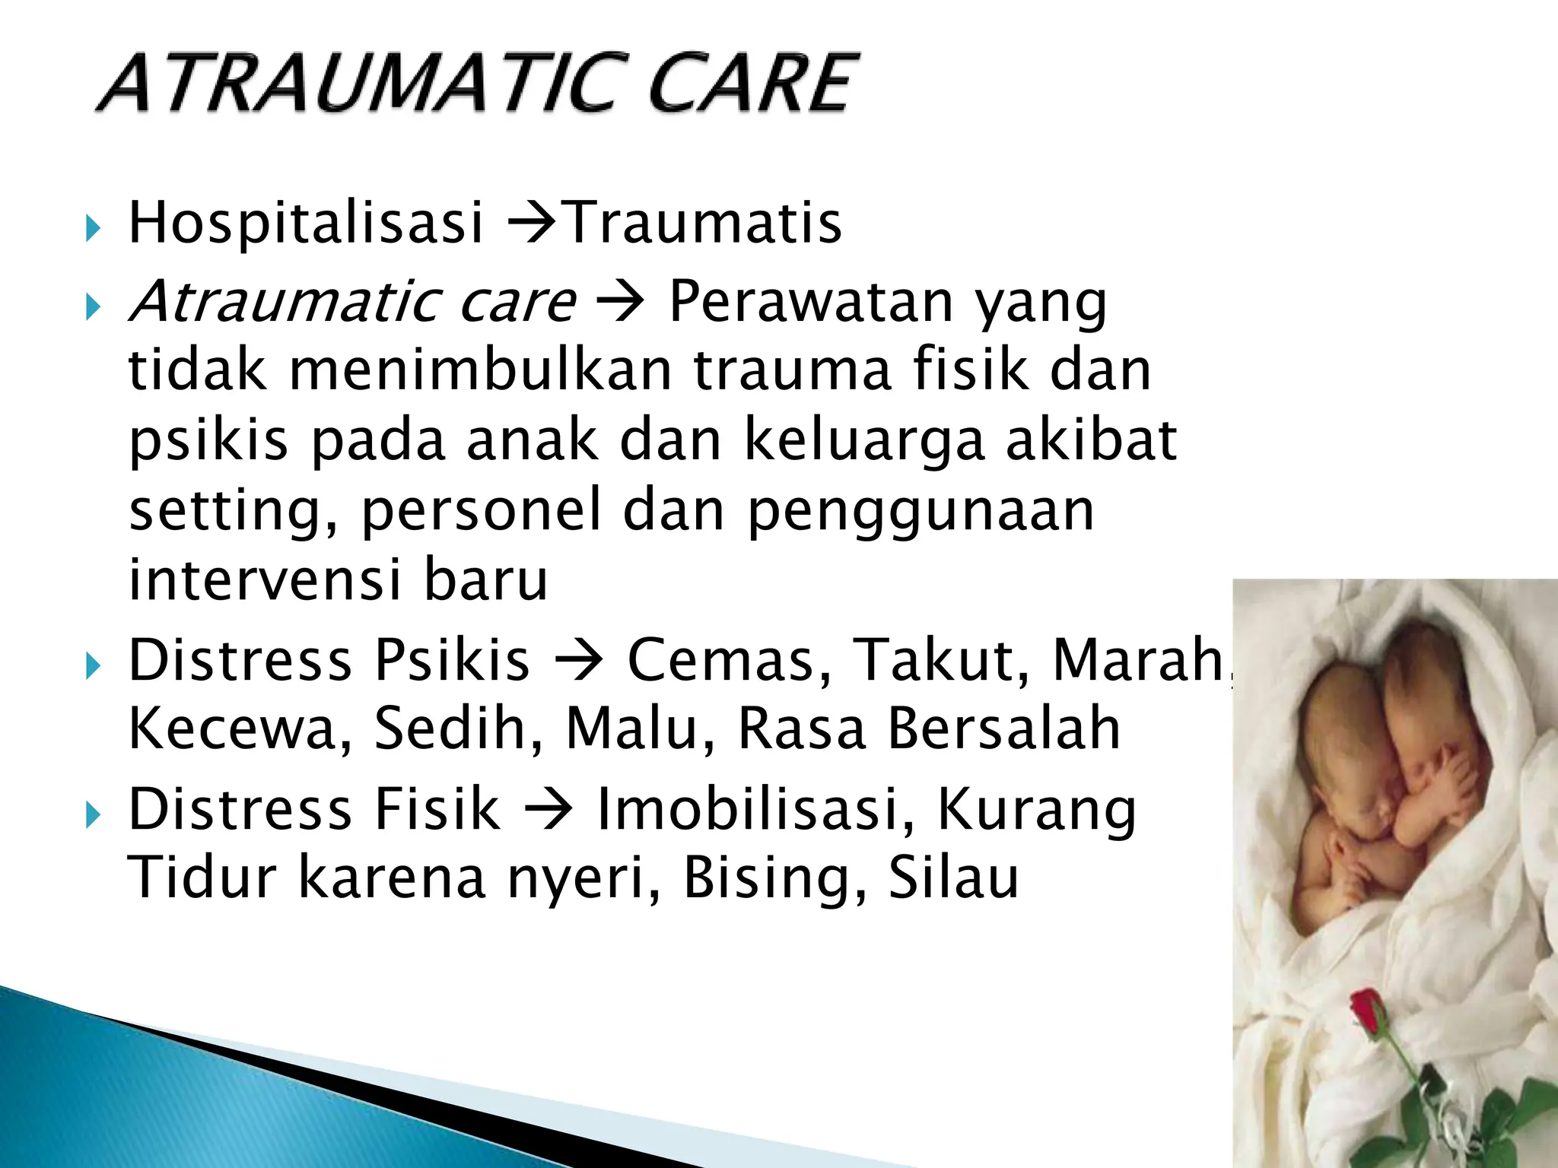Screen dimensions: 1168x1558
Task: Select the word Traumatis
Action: point(704,223)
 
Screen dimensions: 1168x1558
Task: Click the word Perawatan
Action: point(811,302)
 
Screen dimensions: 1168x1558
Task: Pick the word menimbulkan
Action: point(481,371)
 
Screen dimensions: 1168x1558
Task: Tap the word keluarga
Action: point(863,440)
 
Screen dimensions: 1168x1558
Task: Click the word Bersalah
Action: point(1004,728)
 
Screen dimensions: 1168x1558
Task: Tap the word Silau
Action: point(953,878)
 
